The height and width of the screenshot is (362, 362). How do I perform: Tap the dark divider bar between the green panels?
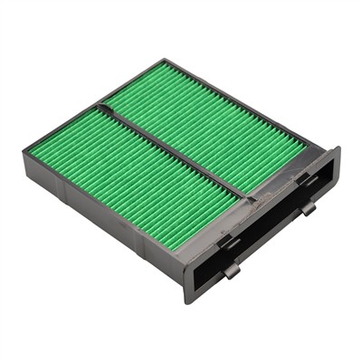click(172, 149)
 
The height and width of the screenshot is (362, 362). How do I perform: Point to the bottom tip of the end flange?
click(190, 299)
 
